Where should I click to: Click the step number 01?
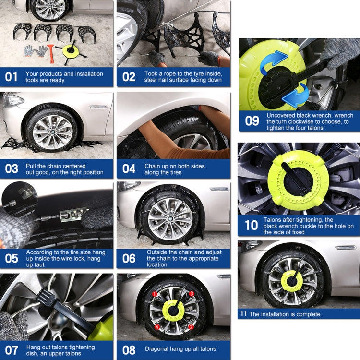(x=12, y=77)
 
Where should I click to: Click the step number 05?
(x=12, y=258)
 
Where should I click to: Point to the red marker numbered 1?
(x=155, y=294)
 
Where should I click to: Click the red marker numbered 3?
(x=191, y=294)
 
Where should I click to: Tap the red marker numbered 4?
(x=156, y=327)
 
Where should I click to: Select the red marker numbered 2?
(x=191, y=327)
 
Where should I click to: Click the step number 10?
(x=251, y=226)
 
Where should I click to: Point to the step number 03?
(x=12, y=169)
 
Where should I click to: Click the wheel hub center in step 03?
(x=52, y=131)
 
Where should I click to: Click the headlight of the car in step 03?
(x=12, y=100)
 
